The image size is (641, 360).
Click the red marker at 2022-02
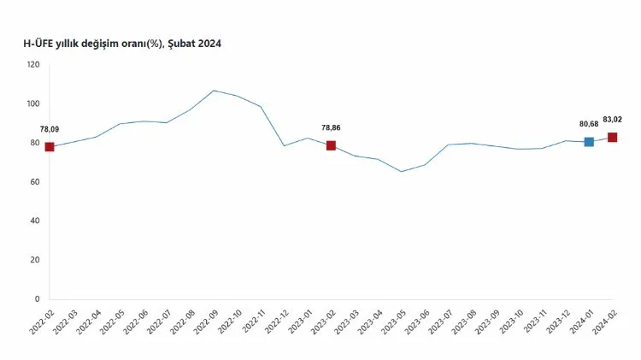[x=50, y=147]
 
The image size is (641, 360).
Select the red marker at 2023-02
[x=331, y=145]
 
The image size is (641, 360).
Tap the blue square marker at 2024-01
[x=589, y=142]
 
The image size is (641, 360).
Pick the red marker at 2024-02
[x=613, y=138]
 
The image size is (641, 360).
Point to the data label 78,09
[x=50, y=129]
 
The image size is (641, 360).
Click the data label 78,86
[x=332, y=127]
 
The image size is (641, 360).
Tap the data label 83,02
[x=613, y=120]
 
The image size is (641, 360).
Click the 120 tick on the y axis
[x=32, y=65]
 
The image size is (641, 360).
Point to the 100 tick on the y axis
[x=32, y=104]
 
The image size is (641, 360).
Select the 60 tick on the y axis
[x=34, y=182]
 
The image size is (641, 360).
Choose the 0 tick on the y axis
[x=37, y=299]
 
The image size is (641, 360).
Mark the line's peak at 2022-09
[x=214, y=91]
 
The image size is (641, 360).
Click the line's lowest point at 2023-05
[x=402, y=171]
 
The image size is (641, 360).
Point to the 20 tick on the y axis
[x=34, y=260]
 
